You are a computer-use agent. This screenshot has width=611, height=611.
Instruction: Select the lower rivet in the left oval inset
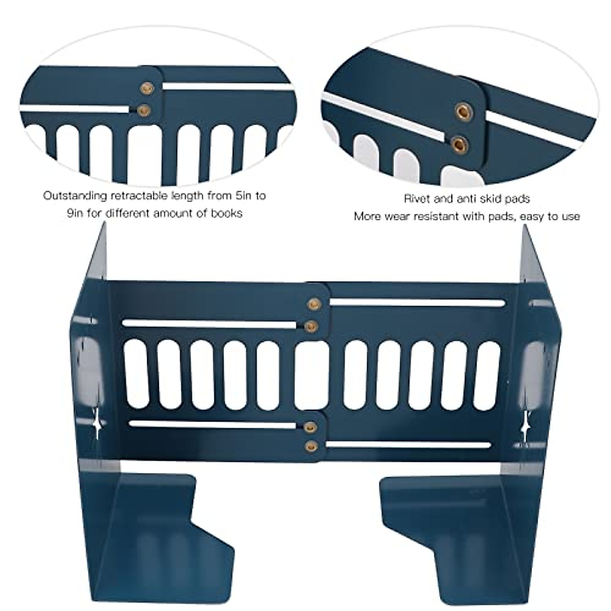144,109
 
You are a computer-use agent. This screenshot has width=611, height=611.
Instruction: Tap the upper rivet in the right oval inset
463,110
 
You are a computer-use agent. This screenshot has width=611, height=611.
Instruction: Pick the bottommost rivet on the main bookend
310,447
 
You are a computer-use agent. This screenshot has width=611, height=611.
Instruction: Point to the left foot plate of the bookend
153,540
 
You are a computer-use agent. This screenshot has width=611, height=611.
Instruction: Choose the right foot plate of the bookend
458,540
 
